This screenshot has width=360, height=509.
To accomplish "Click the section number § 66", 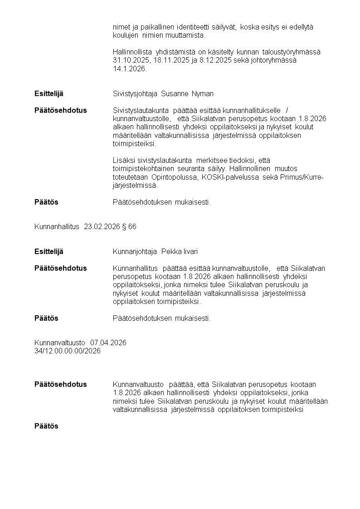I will pos(129,226).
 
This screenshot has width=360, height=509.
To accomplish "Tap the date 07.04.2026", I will pos(108,343).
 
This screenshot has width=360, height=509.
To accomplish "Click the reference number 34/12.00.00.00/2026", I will pos(68,351).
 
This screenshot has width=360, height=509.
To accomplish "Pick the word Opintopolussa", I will pos(175,177).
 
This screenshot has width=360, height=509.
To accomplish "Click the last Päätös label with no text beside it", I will pos(46,426).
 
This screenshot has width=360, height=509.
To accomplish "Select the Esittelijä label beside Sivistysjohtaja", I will pos(49,94).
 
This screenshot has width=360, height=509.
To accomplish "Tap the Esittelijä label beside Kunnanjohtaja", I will pos(49,252).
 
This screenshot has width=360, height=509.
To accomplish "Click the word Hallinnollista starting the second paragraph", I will pos(132,52).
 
